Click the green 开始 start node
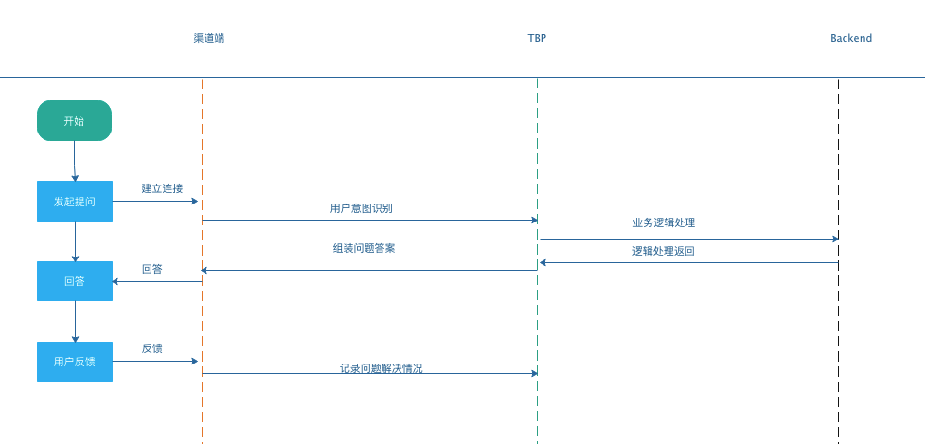tap(74, 121)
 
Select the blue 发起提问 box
tap(74, 201)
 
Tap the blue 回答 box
tap(74, 281)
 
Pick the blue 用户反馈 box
tap(74, 362)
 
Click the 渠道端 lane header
tap(209, 38)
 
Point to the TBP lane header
tap(537, 38)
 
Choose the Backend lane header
tap(850, 38)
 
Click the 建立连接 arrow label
tap(162, 188)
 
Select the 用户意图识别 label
tap(361, 208)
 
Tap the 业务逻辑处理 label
tap(664, 223)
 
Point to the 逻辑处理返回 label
tap(664, 251)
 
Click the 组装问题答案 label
tap(364, 249)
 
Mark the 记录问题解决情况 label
tap(381, 368)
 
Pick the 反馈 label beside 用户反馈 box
tap(151, 348)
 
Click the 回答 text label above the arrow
tap(151, 269)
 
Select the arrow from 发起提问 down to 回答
tap(75, 241)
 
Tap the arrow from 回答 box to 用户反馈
tap(75, 322)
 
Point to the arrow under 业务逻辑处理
tap(688, 239)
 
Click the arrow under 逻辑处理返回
tap(688, 262)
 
